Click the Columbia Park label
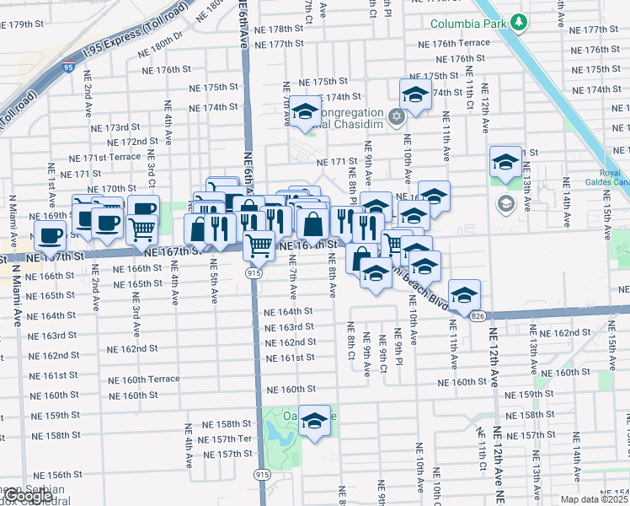[469, 24]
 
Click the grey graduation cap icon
[505, 202]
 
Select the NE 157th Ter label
[232, 439]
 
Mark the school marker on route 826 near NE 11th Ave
[463, 294]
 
